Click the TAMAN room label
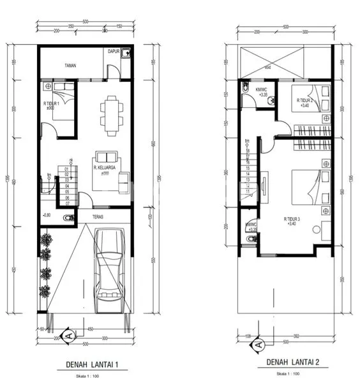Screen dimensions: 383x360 tap(70, 65)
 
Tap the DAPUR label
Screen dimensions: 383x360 tap(114, 51)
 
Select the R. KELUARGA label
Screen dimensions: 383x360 tap(103, 168)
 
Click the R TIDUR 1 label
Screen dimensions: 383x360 tap(51, 104)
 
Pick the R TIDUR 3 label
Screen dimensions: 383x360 tap(292, 219)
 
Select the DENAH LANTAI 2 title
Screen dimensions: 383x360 tap(293, 362)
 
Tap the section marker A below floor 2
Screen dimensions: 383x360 tap(259, 345)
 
